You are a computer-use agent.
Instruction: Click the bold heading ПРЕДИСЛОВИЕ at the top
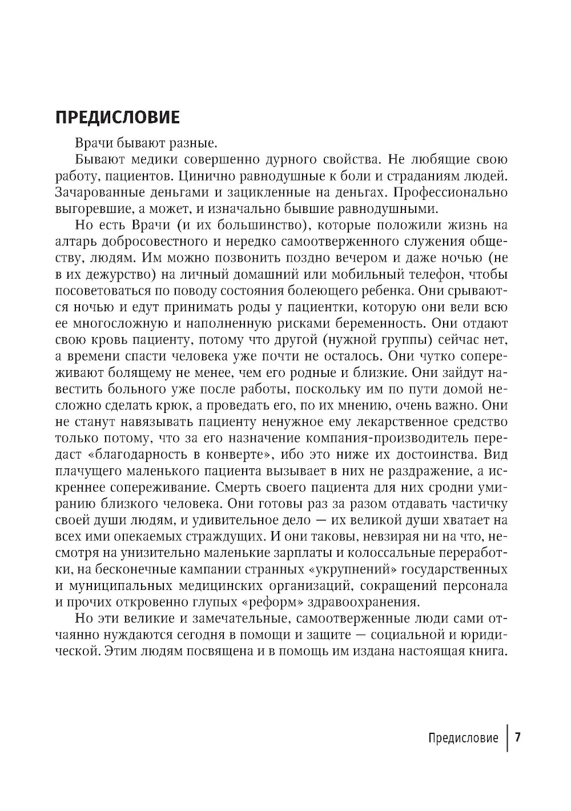(117, 117)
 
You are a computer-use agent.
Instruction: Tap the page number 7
(518, 737)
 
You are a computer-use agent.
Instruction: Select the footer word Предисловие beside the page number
(463, 738)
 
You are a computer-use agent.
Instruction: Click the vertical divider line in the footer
(507, 738)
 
